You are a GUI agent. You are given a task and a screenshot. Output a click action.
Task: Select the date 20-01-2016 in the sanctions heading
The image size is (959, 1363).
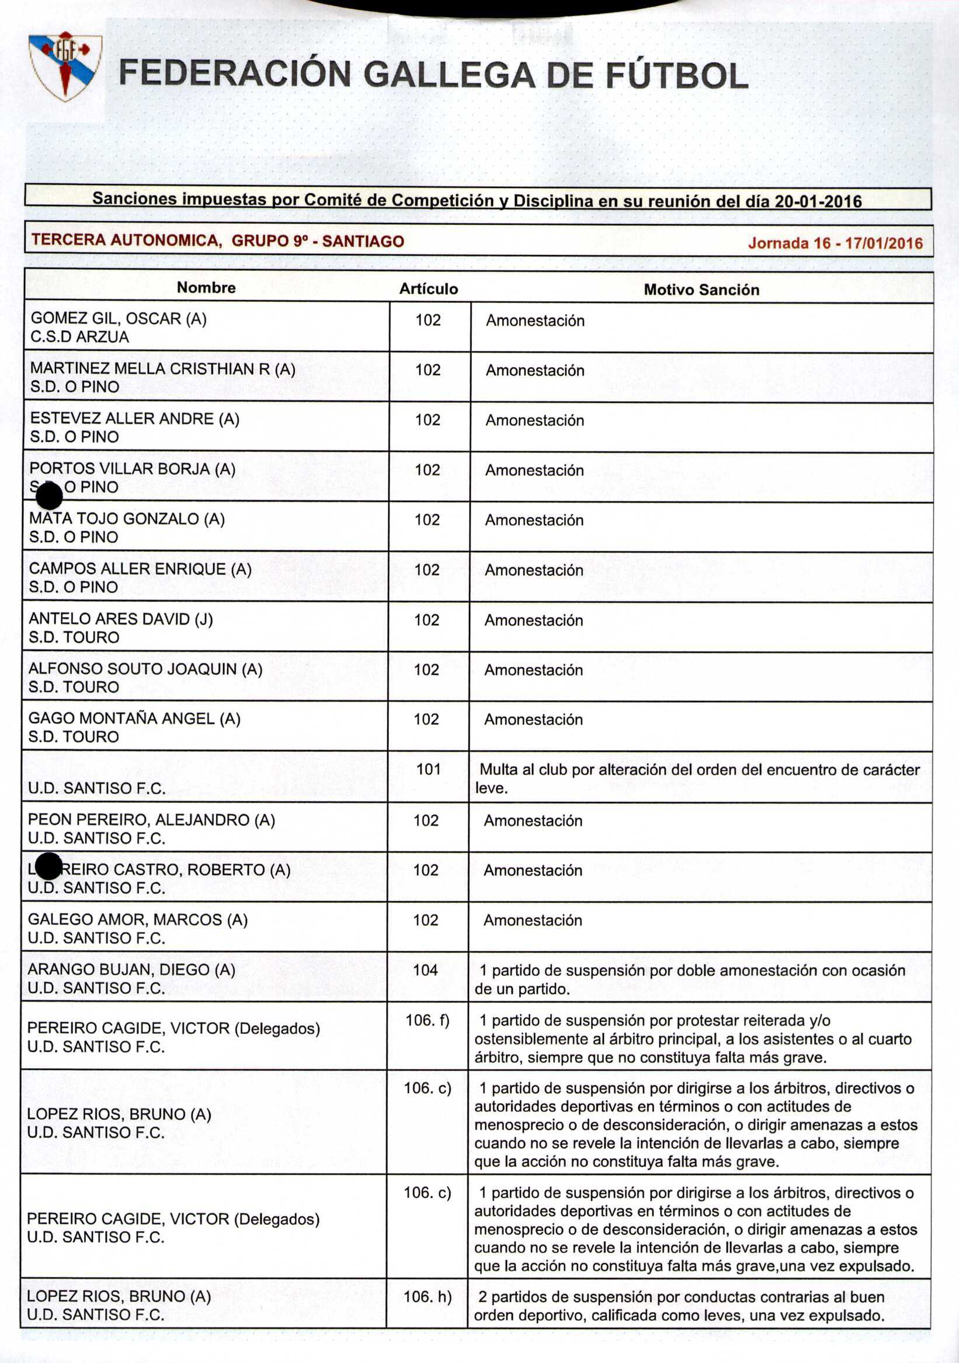point(819,202)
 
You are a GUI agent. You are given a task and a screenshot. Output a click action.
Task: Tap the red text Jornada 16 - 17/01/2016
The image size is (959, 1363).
point(835,243)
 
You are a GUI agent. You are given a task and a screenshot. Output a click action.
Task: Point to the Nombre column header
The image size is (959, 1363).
point(206,288)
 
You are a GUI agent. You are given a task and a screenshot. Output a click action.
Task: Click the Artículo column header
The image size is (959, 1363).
point(428,289)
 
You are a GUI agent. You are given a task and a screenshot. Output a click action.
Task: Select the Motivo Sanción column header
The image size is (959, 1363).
point(701,290)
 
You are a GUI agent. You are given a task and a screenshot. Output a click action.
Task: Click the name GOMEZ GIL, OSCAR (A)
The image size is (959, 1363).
point(119,319)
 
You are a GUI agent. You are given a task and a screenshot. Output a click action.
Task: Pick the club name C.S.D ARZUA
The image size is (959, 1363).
point(79,337)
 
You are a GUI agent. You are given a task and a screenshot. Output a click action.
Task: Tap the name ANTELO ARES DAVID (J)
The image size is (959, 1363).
point(120,619)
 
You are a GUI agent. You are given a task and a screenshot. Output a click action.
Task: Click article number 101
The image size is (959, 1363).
point(428,769)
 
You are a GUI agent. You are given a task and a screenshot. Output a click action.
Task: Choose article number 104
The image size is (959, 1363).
point(426,970)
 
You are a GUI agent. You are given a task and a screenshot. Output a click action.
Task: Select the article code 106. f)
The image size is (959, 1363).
point(428,1020)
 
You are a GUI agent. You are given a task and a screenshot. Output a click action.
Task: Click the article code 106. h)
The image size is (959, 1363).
point(428,1297)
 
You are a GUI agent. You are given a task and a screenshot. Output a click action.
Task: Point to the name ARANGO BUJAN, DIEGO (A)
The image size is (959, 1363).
point(131,970)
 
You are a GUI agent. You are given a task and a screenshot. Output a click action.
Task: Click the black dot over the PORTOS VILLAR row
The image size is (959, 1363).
point(48,496)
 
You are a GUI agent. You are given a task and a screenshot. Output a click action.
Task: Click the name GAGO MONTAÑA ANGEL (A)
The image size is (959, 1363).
point(134,719)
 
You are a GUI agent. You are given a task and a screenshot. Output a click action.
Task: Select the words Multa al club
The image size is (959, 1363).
point(523,770)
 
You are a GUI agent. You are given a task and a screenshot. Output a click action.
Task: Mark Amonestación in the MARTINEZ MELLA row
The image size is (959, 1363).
point(535,371)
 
